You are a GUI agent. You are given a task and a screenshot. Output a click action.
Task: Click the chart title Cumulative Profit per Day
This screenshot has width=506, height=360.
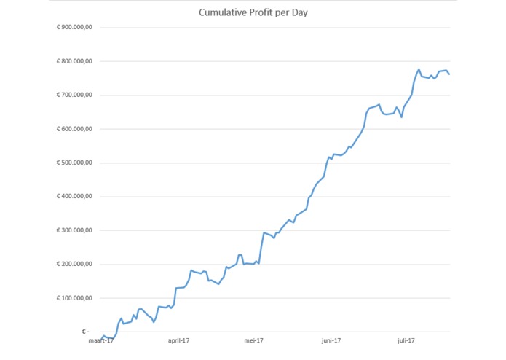point(253,12)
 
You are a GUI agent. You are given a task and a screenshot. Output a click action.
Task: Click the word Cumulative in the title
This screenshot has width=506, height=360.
point(221,12)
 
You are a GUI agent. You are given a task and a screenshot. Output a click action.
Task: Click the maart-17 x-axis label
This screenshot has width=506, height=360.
point(101,340)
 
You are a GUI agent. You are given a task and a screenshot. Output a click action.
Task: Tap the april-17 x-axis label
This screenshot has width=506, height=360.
point(178,340)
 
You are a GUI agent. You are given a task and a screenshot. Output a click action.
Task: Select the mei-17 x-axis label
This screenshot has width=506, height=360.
point(253,340)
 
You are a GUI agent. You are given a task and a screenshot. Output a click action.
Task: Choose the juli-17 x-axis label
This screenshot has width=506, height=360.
point(406,340)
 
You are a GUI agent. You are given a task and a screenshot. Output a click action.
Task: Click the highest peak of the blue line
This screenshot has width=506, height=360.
point(419,69)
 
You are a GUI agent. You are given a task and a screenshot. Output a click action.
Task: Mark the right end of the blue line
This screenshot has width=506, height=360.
point(449,74)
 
